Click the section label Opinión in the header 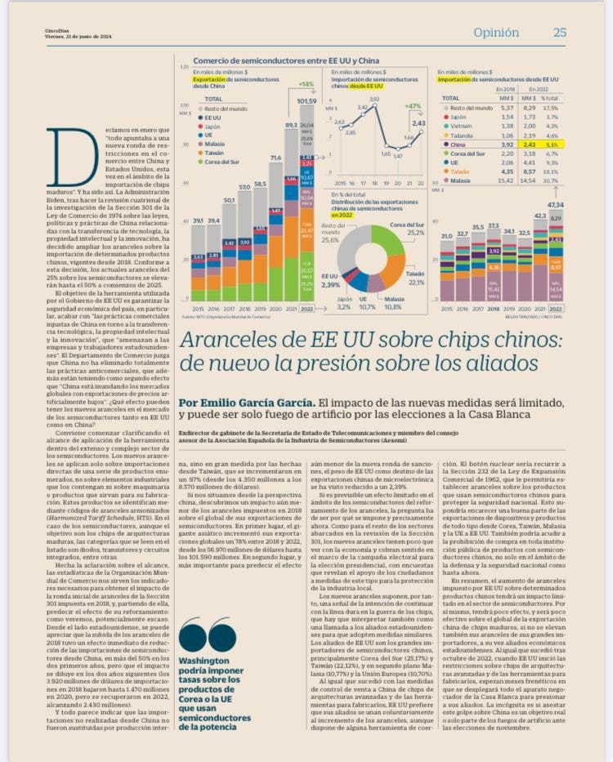(x=496, y=33)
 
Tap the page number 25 (x=560, y=33)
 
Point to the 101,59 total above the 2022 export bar (x=306, y=100)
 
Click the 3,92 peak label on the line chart (x=374, y=100)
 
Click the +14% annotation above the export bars (x=306, y=84)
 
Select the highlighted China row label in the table (x=459, y=144)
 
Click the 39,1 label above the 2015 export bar (x=198, y=221)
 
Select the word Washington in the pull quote (x=204, y=660)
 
